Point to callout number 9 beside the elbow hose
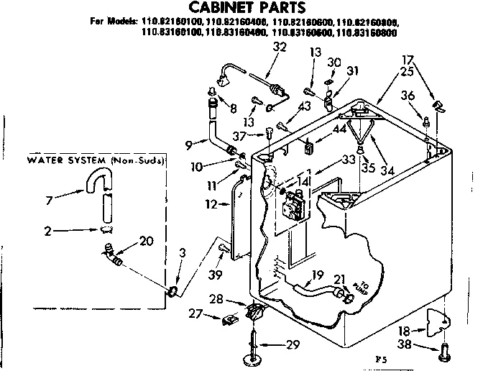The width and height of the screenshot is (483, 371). coord(189,145)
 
